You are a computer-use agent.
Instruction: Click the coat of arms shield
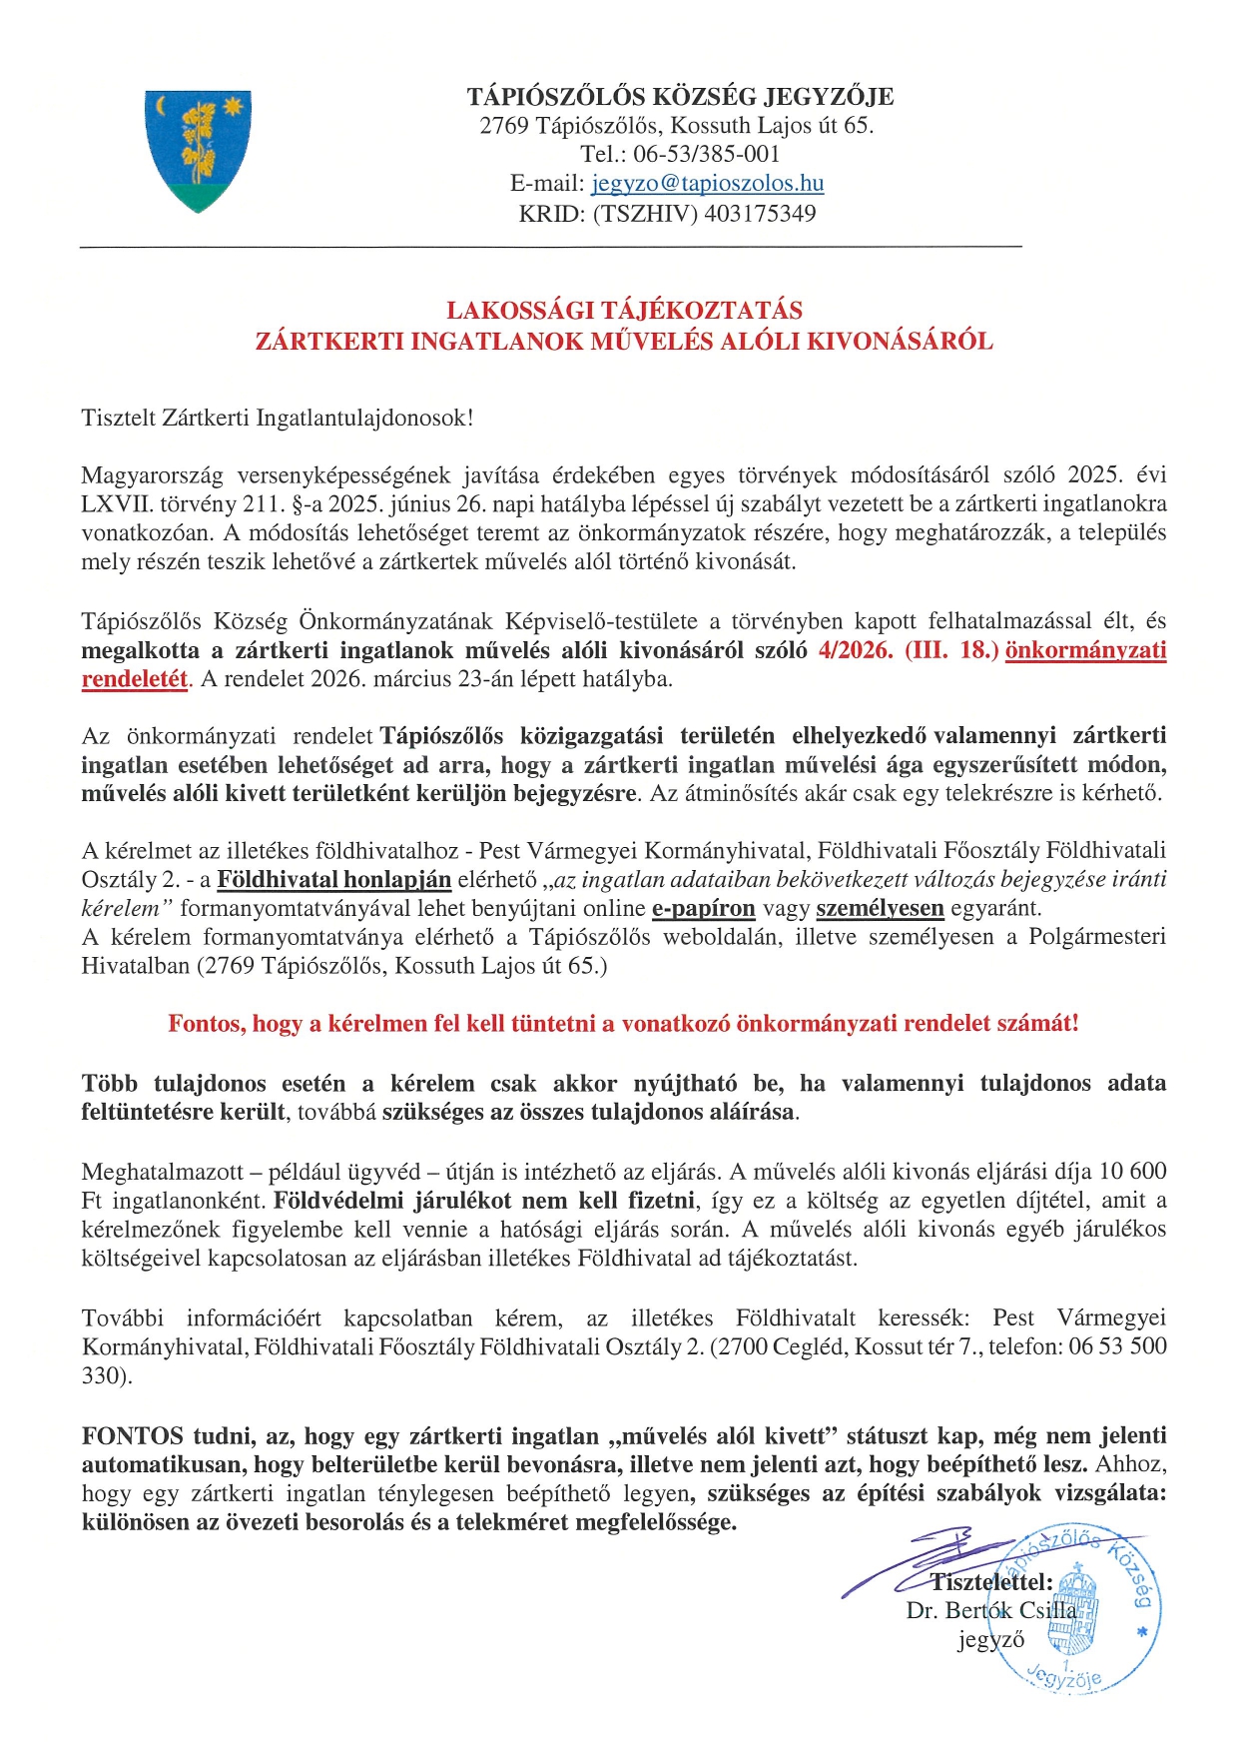(x=198, y=150)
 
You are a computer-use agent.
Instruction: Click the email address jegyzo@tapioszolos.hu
(x=707, y=184)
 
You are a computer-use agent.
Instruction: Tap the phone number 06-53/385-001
(x=706, y=155)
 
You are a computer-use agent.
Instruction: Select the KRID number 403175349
(x=760, y=214)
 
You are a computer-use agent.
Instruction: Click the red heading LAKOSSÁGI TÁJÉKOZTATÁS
(x=624, y=311)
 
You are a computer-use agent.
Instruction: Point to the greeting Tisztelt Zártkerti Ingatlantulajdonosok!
(x=278, y=418)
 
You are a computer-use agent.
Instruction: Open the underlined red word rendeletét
(x=135, y=679)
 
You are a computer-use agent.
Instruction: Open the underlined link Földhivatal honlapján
(x=334, y=880)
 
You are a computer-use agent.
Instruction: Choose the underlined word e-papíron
(x=704, y=909)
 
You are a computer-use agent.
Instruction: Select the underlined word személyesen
(x=880, y=909)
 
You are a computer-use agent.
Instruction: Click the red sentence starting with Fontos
(x=623, y=1024)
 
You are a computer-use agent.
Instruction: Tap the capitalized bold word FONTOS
(x=132, y=1436)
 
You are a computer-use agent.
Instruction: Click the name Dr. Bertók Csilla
(x=991, y=1611)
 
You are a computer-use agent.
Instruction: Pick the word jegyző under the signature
(x=990, y=1640)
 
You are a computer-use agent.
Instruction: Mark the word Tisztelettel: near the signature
(x=991, y=1582)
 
